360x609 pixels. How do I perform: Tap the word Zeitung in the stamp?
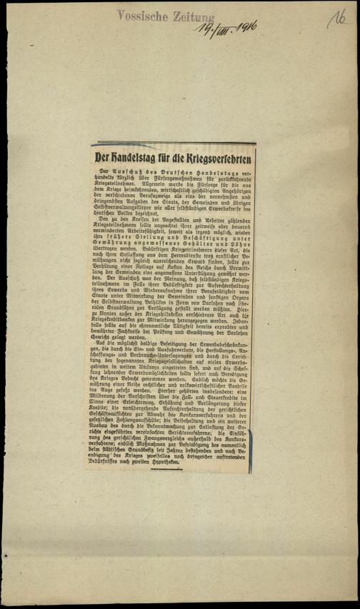click(188, 15)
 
